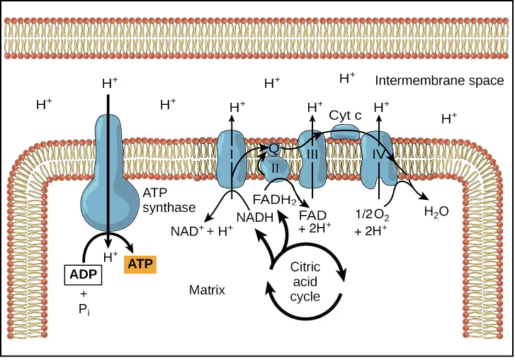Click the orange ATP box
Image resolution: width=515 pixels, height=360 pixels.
point(140,264)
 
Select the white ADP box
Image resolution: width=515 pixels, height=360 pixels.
point(84,274)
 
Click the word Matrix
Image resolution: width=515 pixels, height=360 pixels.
point(207,290)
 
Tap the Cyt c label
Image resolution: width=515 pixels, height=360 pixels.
point(346,114)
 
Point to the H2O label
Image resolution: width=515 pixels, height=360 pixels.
point(436,210)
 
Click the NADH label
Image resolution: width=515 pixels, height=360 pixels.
point(255,218)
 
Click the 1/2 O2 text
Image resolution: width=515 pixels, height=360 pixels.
point(372,213)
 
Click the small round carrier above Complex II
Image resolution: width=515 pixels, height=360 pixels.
point(273,148)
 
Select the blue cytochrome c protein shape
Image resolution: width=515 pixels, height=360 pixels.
point(346,133)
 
